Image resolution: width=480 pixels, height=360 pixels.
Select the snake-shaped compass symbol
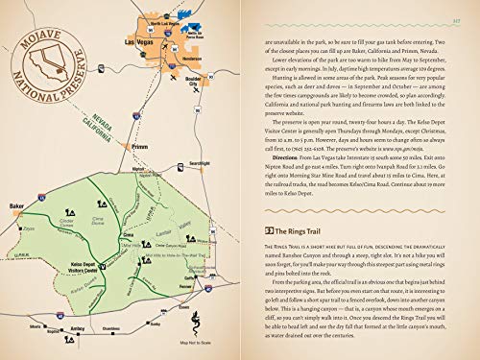(x=195, y=324)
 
